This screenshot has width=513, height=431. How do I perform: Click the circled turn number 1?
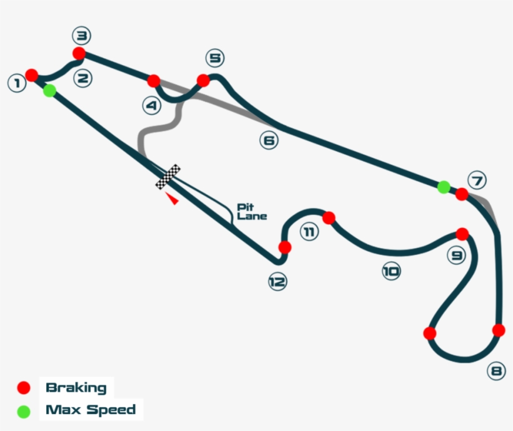tap(16, 83)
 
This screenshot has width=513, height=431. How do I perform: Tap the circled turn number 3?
tap(81, 34)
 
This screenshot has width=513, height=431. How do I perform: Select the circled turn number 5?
tap(215, 59)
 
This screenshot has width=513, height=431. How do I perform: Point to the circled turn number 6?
tap(268, 141)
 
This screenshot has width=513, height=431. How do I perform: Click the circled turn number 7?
tap(477, 181)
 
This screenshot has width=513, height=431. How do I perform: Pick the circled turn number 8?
tap(496, 371)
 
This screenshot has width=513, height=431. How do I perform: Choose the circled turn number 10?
tap(391, 271)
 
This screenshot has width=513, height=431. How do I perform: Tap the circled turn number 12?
tap(277, 282)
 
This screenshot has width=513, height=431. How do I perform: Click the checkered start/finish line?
tap(168, 176)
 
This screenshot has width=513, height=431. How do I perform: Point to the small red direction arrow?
tap(171, 199)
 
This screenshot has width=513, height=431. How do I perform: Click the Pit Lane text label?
tap(252, 211)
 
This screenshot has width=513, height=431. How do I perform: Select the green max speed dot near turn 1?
tap(49, 91)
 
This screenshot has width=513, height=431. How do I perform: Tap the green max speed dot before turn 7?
tap(443, 187)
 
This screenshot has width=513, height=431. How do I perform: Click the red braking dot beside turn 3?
tap(79, 53)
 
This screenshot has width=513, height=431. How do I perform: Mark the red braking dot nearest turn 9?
tap(462, 234)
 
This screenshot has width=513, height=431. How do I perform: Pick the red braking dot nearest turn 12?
tap(285, 247)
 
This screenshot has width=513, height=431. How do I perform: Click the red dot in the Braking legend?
tap(24, 388)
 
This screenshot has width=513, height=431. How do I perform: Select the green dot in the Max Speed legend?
tap(24, 412)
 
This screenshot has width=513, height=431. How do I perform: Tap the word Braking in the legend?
tap(76, 388)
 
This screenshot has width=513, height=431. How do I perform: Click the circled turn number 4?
tap(151, 106)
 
